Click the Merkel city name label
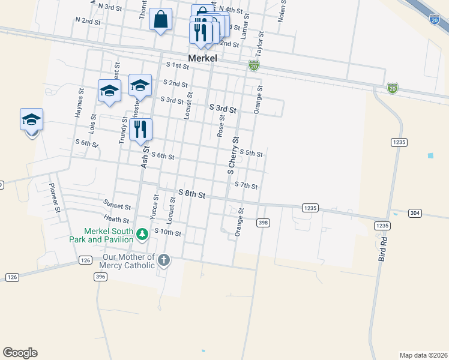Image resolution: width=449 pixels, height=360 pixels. tap(202, 59)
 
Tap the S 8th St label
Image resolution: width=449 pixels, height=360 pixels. tap(192, 195)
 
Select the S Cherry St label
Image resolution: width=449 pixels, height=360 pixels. tap(232, 155)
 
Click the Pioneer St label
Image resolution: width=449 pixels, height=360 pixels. tap(54, 197)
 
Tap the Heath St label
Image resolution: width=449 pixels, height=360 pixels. tap(116, 220)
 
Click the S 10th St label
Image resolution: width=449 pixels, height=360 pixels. tap(167, 232)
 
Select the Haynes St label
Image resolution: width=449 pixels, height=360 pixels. tap(79, 103)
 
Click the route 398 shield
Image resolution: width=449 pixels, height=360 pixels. tap(262, 223)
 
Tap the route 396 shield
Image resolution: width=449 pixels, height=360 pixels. tap(100, 277)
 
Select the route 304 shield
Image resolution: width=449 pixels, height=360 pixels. tap(415, 213)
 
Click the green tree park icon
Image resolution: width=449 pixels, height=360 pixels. tap(142, 233)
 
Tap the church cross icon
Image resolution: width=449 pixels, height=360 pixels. tap(163, 260)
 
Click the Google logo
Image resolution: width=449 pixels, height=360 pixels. tap(20, 353)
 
